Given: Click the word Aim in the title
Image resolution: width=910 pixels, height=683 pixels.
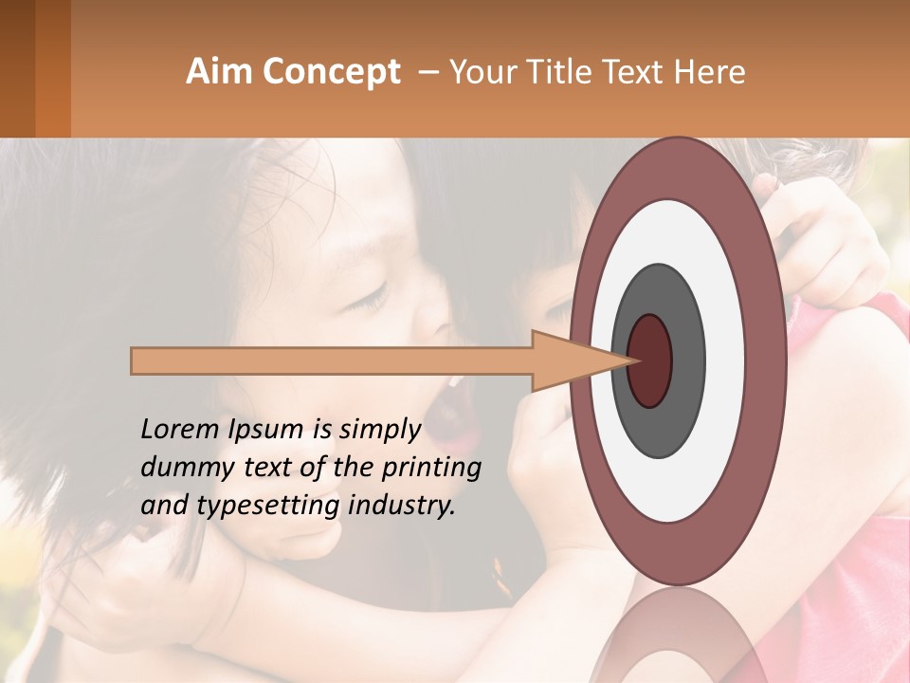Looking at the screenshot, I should (x=219, y=72).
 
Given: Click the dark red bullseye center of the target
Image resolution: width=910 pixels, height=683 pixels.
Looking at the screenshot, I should (x=649, y=360).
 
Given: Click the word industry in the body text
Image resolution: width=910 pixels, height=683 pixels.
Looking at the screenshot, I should (x=402, y=506).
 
